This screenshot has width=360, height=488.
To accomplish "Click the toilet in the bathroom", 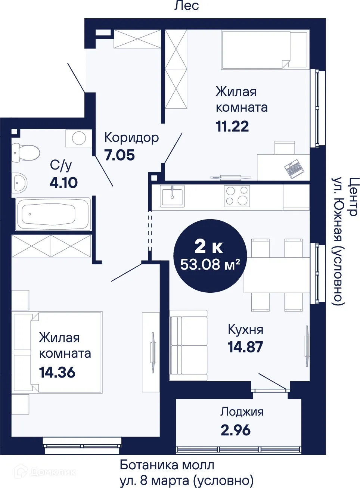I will (x=26, y=153).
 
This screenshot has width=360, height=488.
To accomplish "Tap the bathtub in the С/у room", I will (x=53, y=214).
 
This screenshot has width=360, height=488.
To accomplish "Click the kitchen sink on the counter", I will (x=172, y=196).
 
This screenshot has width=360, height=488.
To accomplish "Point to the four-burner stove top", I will (x=237, y=196).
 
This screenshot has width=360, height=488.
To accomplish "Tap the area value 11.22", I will (x=232, y=127).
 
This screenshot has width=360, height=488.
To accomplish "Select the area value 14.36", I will (x=57, y=372).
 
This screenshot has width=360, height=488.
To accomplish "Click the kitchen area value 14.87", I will (x=245, y=347).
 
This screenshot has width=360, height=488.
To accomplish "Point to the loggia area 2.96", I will (x=236, y=430).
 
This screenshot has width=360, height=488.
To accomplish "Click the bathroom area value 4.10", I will (x=63, y=183).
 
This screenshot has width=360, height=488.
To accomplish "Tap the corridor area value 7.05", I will (x=120, y=155).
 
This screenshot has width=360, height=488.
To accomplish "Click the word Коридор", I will (x=131, y=137).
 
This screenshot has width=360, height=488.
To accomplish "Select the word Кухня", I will (x=245, y=330).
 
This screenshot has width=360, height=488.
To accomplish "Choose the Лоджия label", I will (x=242, y=411).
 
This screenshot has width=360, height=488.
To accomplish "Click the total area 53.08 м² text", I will (x=210, y=264).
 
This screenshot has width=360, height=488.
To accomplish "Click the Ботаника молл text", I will (x=167, y=465).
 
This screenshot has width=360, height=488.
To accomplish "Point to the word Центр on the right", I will (x=353, y=196).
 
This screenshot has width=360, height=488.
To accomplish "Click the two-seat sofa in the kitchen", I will (x=188, y=345).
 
